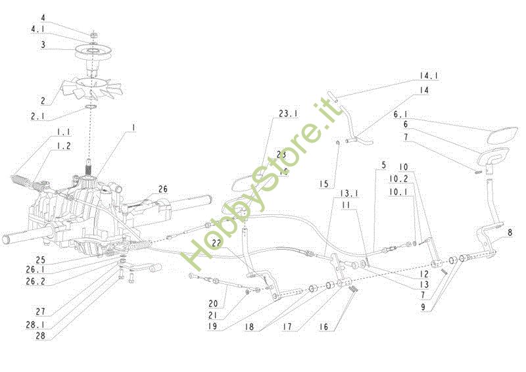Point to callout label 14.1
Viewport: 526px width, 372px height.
click(429, 76)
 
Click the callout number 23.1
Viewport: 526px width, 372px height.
click(288, 114)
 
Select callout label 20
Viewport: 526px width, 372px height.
click(212, 304)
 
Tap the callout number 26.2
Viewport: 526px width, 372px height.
click(37, 281)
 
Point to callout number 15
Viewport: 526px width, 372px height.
click(323, 185)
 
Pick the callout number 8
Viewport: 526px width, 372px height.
click(511, 231)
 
